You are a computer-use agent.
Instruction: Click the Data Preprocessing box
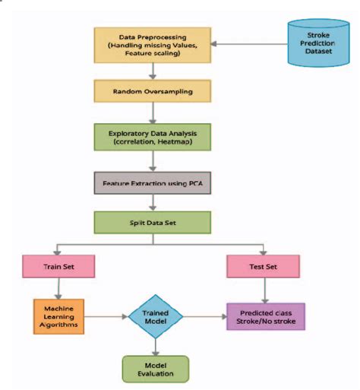click(x=155, y=43)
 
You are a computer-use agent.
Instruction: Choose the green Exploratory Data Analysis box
click(x=154, y=137)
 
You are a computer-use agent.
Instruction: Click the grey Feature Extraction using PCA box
click(x=154, y=184)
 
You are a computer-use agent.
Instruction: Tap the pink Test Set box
click(x=264, y=267)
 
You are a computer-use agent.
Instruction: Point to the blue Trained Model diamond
click(x=155, y=315)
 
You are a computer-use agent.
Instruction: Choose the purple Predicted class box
click(x=264, y=315)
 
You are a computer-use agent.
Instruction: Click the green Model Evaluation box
click(x=155, y=368)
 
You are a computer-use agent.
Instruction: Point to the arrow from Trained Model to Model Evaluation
click(x=155, y=346)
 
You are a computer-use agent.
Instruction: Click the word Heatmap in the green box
click(x=179, y=143)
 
